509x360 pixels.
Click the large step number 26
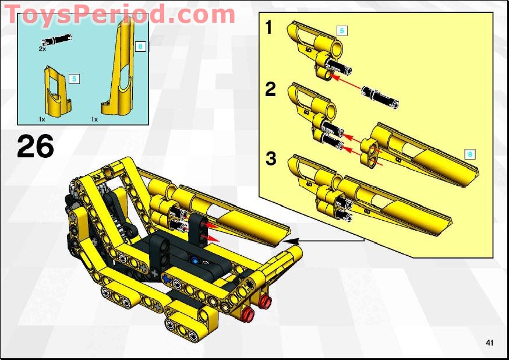(x=35, y=147)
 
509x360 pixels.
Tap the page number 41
(x=489, y=343)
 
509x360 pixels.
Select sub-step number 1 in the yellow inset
(x=269, y=27)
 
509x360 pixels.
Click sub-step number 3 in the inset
(x=270, y=158)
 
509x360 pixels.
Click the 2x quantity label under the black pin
(x=42, y=50)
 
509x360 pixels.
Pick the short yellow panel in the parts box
(x=56, y=91)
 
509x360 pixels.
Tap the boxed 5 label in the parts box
(x=73, y=78)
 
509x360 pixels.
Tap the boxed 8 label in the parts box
(x=139, y=47)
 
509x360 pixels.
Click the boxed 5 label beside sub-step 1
(x=342, y=31)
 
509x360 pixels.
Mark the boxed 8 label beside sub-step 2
(x=470, y=154)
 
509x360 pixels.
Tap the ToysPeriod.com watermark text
(x=119, y=13)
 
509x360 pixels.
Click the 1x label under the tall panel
(x=94, y=119)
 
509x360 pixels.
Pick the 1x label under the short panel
(x=42, y=119)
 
